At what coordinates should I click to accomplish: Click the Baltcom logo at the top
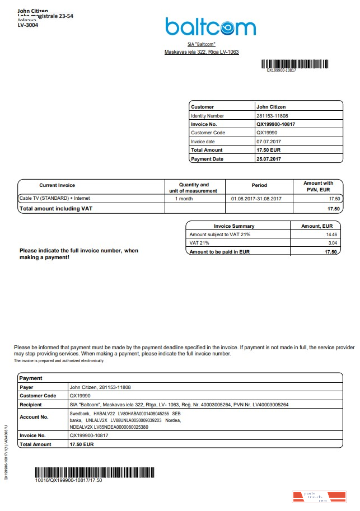[210, 27]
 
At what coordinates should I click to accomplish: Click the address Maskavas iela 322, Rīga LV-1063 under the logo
[202, 52]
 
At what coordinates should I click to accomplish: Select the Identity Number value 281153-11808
[272, 115]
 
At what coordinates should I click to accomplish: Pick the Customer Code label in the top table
[208, 133]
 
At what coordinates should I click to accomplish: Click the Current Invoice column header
[57, 185]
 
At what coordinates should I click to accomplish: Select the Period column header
[259, 185]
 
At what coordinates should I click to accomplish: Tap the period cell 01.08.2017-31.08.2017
[256, 199]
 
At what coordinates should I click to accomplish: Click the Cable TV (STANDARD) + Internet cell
[54, 198]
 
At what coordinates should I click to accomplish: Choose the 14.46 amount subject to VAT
[331, 235]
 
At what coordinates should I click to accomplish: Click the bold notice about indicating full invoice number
[79, 254]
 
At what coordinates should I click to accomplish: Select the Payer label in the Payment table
[27, 387]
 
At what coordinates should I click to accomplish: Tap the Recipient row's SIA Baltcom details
[179, 404]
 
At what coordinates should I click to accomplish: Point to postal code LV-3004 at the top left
[28, 25]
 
